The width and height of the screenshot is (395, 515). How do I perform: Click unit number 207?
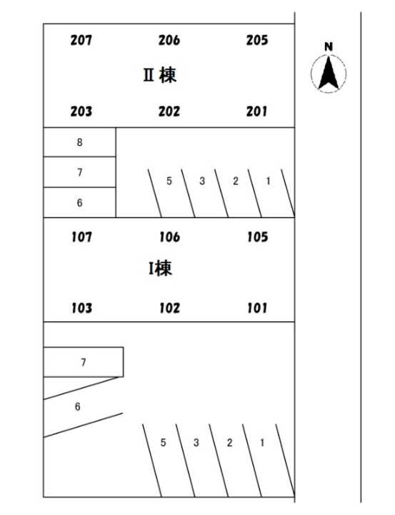[81, 40]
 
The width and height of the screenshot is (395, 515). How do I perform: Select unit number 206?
[169, 40]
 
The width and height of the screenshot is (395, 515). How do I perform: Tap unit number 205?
[257, 40]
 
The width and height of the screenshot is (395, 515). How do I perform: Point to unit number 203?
[81, 112]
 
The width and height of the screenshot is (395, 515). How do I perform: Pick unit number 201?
[257, 112]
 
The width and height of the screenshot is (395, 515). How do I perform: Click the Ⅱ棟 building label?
[160, 75]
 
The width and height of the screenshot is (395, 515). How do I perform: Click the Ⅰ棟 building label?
[160, 268]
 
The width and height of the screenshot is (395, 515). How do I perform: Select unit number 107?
[81, 237]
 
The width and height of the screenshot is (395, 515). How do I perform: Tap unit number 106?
[169, 237]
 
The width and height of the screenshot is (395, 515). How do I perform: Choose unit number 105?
[258, 237]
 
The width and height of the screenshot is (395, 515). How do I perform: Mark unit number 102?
[169, 308]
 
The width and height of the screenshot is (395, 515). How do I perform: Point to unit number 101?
[258, 308]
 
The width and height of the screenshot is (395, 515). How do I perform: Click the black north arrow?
[329, 73]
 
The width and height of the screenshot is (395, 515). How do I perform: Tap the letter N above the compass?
[329, 47]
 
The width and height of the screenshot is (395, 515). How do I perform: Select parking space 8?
[80, 142]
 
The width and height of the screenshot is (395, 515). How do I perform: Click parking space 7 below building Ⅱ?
[80, 172]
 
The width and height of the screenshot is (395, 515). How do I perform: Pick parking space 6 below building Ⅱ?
[80, 202]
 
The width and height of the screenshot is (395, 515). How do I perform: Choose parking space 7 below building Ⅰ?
[84, 362]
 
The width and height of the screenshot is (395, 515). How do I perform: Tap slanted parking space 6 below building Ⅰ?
[77, 406]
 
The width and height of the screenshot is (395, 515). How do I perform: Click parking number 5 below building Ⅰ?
[163, 443]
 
